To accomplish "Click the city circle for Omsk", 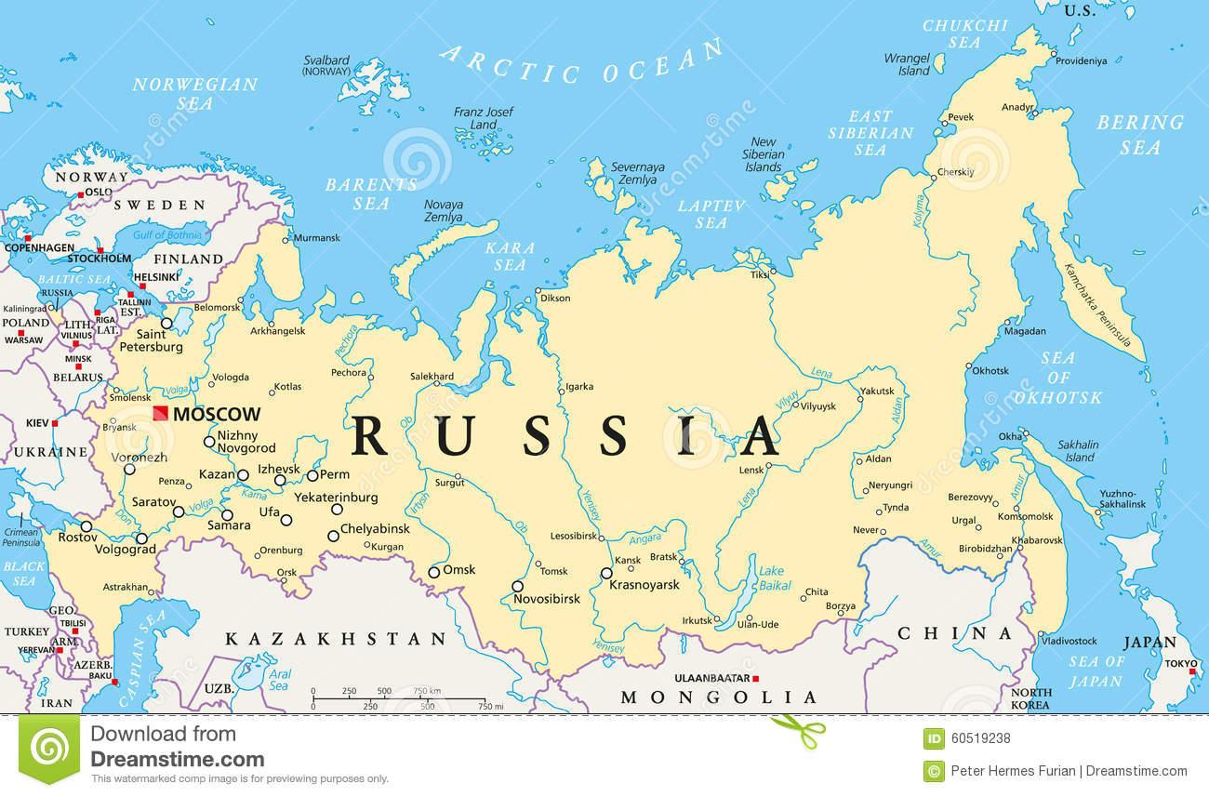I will click(433, 572).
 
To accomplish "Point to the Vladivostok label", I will click(1069, 641).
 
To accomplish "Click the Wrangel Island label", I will click(907, 64).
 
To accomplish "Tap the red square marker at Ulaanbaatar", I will click(757, 678).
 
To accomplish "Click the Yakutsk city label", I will click(877, 391).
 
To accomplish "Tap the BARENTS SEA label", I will click(357, 192).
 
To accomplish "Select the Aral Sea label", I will click(279, 680).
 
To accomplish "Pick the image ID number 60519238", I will click(980, 739).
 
